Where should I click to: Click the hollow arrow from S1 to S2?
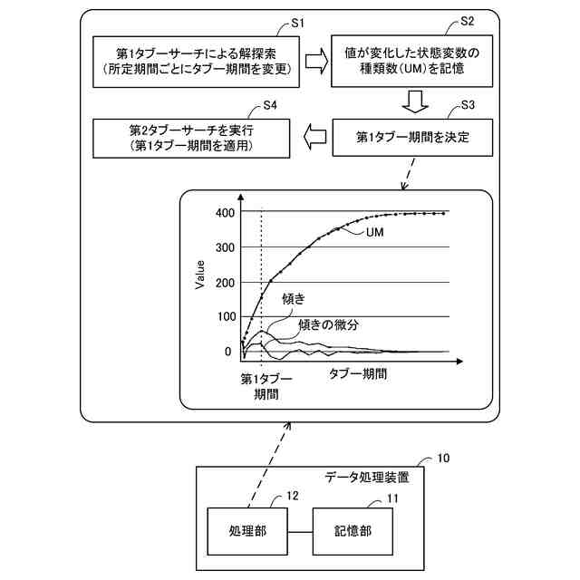click(x=316, y=61)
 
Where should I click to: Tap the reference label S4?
click(x=269, y=105)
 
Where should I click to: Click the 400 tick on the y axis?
click(x=224, y=213)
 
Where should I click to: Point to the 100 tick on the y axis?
click(x=224, y=316)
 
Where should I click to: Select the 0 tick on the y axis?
click(x=228, y=352)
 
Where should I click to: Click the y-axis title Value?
click(x=200, y=274)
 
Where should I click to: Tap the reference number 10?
click(x=443, y=459)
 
